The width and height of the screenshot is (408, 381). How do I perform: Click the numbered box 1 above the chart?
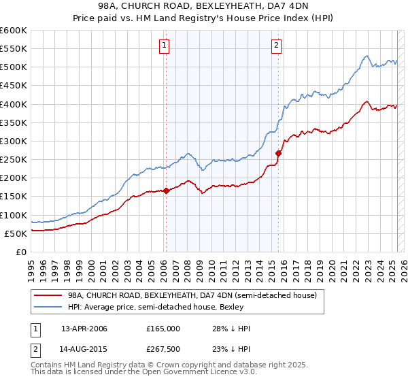[x=165, y=46]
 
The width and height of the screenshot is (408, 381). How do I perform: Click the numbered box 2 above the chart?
[x=277, y=46]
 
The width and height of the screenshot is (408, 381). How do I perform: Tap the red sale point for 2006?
[x=166, y=191]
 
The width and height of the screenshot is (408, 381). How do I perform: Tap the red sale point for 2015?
[x=278, y=153]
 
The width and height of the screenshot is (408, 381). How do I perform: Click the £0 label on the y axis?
[x=21, y=252]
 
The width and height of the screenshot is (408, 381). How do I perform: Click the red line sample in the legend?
[x=48, y=296]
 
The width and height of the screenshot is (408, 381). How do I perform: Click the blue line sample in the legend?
[x=48, y=308]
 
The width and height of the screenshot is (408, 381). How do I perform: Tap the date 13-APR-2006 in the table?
[x=84, y=329]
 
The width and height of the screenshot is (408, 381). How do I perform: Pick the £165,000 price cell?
[x=163, y=329]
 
